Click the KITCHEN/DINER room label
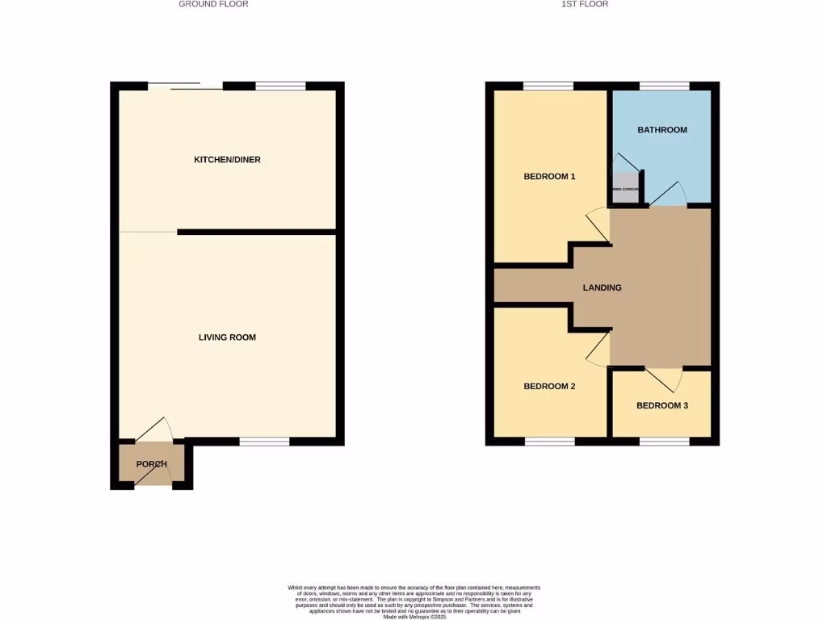(x=227, y=160)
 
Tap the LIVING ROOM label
(x=227, y=337)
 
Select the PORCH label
(x=151, y=464)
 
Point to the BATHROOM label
(x=662, y=130)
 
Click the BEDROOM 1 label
(x=549, y=177)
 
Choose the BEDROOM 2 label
(x=549, y=387)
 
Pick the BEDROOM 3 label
(x=662, y=406)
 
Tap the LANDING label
(x=602, y=287)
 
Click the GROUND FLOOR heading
(x=213, y=4)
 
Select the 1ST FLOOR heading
(x=585, y=4)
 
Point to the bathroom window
(x=665, y=86)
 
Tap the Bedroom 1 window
(x=548, y=86)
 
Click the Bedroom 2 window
(x=550, y=442)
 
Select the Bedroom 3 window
(x=665, y=442)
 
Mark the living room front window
(x=264, y=442)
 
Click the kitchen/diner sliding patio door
(x=185, y=86)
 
